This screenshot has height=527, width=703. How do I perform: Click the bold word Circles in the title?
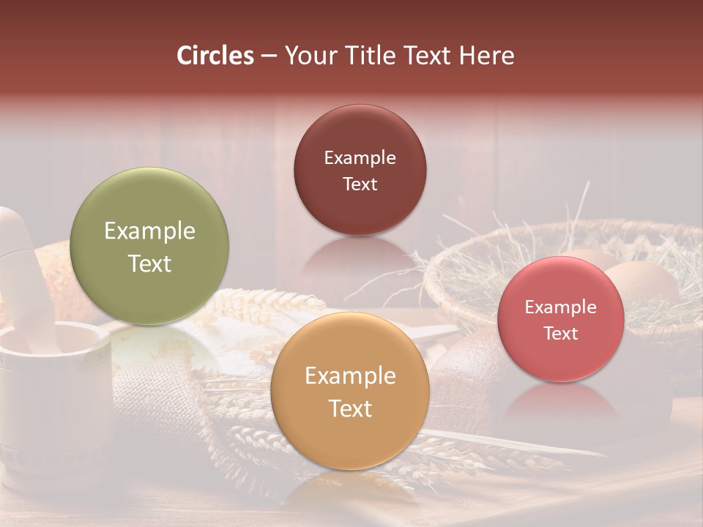[215, 56]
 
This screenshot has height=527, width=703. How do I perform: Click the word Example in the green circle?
[149, 231]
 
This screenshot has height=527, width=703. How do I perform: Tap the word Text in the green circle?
[149, 263]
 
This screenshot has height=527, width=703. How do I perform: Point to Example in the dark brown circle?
[360, 158]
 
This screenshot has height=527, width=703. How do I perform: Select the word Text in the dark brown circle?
[360, 184]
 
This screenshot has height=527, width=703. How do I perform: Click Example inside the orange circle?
[350, 376]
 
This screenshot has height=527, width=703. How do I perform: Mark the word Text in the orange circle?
[350, 408]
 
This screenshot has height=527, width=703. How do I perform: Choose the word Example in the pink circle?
[561, 307]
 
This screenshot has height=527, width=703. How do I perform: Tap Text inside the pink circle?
[561, 334]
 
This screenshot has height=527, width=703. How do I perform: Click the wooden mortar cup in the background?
[51, 395]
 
